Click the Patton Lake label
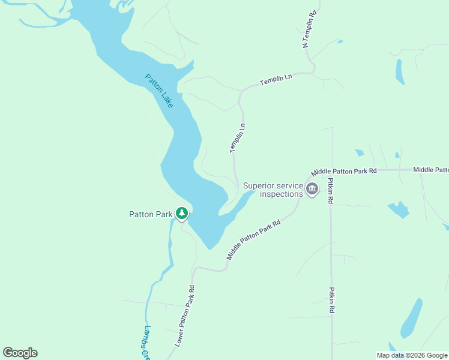click(x=159, y=91)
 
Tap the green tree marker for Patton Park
click(x=181, y=213)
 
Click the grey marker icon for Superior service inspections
click(x=312, y=190)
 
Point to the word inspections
click(x=281, y=194)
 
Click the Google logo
click(x=20, y=353)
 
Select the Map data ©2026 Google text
click(x=411, y=355)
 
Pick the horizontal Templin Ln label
click(x=276, y=79)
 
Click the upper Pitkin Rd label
click(x=331, y=191)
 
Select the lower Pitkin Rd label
click(x=331, y=300)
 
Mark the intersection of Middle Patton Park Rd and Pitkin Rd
click(x=331, y=170)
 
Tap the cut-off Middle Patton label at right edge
click(x=431, y=170)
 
